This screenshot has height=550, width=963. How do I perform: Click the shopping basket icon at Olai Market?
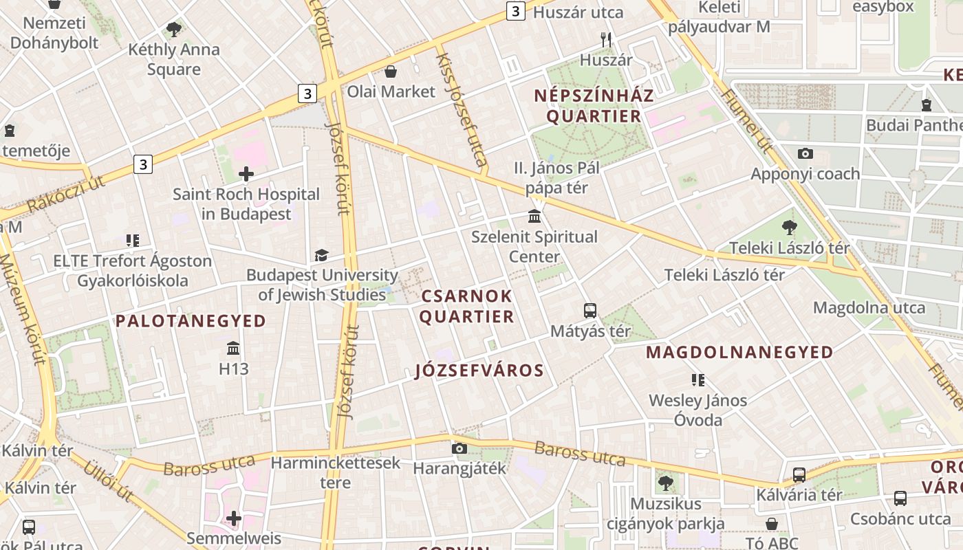pos(391,71)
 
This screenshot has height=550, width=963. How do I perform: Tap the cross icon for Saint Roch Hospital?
pos(246,174)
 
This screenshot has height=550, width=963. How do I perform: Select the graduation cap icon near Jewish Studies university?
pos(321,255)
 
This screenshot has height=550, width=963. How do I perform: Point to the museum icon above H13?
pos(233,348)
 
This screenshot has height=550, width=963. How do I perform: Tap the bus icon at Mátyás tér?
pos(590,311)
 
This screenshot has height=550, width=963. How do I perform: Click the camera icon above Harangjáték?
pos(459,449)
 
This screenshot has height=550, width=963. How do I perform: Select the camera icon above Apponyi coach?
pos(805,153)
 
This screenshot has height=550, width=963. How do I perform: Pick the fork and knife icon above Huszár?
pos(605,40)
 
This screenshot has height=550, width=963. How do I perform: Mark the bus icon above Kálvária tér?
pos(799,474)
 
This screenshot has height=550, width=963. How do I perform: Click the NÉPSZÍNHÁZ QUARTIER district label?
pos(594,106)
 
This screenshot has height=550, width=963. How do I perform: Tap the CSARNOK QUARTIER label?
pos(466,307)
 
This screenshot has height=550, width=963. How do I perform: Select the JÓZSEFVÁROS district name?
pos(479,371)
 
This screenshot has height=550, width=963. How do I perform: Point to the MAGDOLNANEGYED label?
pos(739,353)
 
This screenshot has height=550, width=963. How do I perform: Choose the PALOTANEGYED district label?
pos(191,321)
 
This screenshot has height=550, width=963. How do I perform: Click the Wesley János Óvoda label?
pos(698,410)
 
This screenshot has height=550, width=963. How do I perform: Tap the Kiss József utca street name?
pos(461,110)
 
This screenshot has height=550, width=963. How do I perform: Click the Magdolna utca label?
pos(869,307)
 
